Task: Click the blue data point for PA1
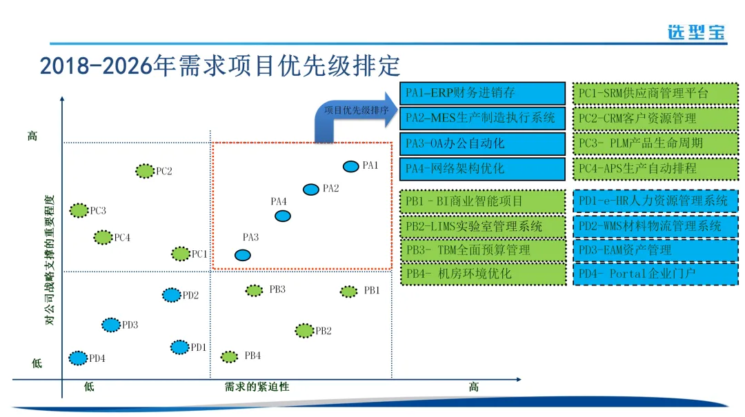(350, 166)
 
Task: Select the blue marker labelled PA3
(242, 255)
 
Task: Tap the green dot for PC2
(144, 171)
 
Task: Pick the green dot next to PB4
(229, 356)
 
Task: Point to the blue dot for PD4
(78, 358)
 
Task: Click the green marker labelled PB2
(304, 331)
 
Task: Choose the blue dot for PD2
(171, 295)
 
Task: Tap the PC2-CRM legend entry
(655, 118)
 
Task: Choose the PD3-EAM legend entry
(655, 250)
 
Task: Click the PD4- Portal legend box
(655, 274)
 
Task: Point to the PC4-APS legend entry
(655, 167)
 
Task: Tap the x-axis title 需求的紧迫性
(257, 387)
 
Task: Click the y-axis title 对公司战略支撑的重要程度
(49, 259)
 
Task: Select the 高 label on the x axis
(473, 387)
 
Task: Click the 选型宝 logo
(697, 32)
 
